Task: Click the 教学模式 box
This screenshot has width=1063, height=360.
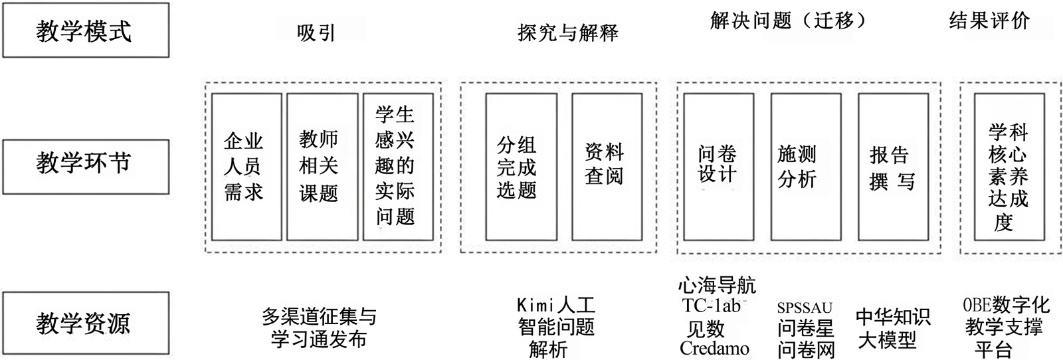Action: (x=86, y=31)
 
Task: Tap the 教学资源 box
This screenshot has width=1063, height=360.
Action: (x=86, y=323)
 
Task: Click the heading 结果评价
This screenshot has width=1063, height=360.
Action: (x=989, y=21)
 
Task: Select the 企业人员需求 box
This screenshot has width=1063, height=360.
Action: (x=246, y=167)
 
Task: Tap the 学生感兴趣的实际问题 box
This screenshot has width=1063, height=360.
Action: (x=397, y=167)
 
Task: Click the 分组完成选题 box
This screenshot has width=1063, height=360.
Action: (x=521, y=167)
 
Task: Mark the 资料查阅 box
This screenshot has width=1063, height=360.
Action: (x=607, y=167)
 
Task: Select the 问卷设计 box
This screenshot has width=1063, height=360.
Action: (x=718, y=167)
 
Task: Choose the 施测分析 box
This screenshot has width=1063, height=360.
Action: (x=805, y=167)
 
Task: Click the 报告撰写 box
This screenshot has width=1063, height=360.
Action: (x=893, y=167)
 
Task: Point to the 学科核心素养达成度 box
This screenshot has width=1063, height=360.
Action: (x=1008, y=167)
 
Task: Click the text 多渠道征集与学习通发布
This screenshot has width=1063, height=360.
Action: (x=319, y=327)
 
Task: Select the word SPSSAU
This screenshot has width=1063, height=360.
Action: (x=805, y=308)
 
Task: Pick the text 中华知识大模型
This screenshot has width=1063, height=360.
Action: (x=892, y=328)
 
